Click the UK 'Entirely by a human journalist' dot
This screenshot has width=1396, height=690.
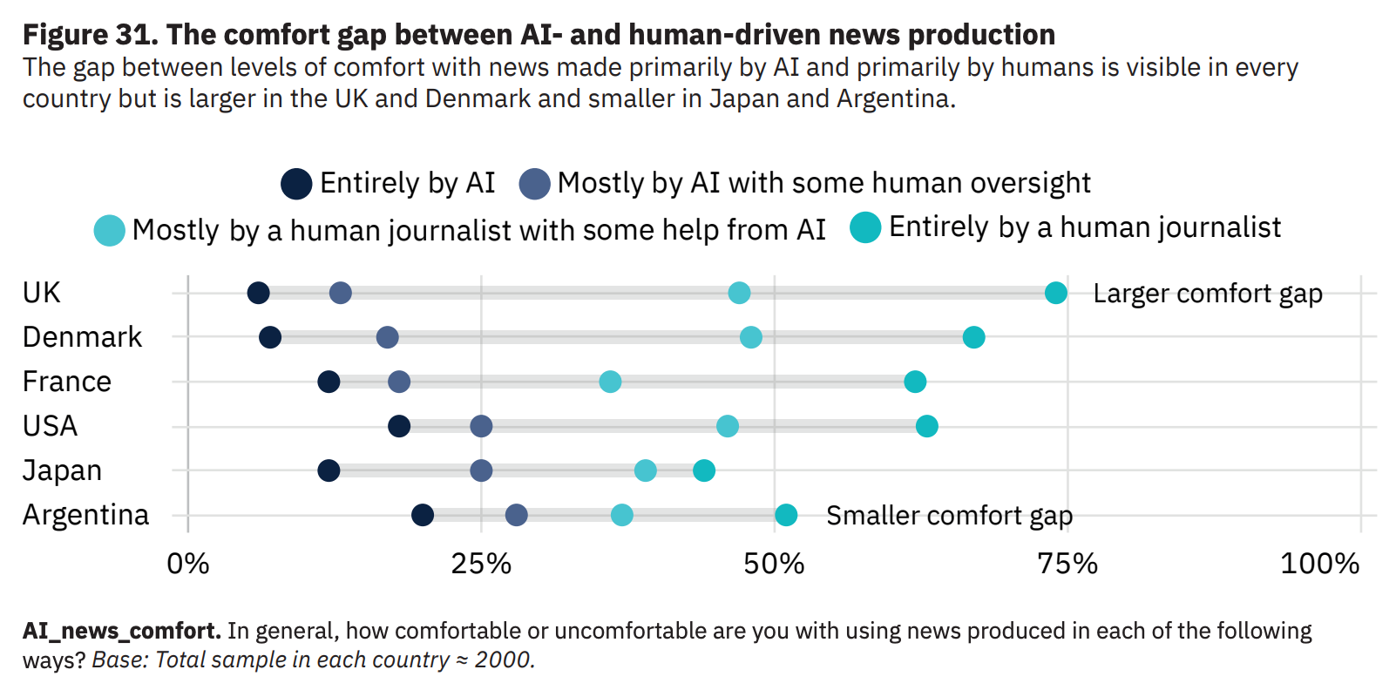coord(1055,293)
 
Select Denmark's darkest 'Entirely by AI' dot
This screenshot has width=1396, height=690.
coord(270,337)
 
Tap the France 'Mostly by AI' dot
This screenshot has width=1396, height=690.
coord(399,382)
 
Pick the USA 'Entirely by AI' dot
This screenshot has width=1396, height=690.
coord(399,426)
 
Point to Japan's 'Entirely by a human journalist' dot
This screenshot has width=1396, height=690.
coord(704,470)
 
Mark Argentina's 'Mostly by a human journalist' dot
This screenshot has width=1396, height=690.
coord(621,515)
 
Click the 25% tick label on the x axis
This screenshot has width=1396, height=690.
coord(481,565)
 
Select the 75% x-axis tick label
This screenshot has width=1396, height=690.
coord(1067,565)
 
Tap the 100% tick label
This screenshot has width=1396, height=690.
coord(1319,565)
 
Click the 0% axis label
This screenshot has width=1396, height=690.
coord(188,565)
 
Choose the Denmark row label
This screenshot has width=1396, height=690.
coord(82,337)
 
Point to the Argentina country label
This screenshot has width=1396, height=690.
coord(85,515)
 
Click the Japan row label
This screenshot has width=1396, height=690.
coord(62,470)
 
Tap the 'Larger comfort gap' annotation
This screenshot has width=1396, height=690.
coord(1208,294)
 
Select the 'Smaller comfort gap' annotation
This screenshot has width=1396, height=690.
coord(949,516)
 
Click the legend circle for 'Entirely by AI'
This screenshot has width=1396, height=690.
coord(296,184)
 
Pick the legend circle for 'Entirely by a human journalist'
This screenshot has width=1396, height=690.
coord(865,227)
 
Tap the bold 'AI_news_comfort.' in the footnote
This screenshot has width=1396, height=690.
coord(122,631)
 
